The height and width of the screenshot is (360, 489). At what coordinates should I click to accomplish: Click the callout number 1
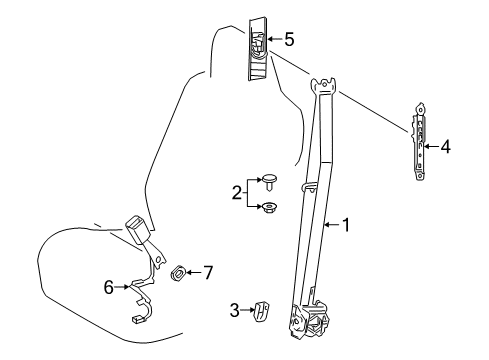tap(346, 225)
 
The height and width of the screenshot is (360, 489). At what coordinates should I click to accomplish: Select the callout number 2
tap(237, 193)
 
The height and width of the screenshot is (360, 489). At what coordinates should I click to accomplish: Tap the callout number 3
tap(235, 310)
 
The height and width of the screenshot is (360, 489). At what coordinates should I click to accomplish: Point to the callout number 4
tap(445, 147)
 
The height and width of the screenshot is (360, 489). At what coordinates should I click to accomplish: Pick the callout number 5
tap(289, 39)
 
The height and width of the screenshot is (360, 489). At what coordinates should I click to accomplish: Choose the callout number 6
tap(109, 287)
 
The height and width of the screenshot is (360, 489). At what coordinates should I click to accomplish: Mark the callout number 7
tap(208, 273)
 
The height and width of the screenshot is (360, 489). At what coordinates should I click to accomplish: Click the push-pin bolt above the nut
tap(270, 182)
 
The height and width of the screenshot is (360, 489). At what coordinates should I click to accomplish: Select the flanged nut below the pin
tap(269, 208)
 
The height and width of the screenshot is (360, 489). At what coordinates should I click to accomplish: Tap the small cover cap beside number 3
tap(261, 311)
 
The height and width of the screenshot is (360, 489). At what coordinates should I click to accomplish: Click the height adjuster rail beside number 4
tap(420, 141)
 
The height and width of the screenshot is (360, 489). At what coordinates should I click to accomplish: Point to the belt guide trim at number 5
tap(257, 49)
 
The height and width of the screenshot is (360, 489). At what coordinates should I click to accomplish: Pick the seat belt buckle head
tap(138, 230)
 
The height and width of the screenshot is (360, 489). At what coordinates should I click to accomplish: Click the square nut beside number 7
tap(178, 273)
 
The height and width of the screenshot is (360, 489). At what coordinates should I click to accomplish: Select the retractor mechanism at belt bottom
tap(309, 321)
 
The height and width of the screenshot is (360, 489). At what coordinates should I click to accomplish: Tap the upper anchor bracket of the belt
tap(323, 86)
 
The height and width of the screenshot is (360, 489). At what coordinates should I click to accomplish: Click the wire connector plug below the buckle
tap(136, 320)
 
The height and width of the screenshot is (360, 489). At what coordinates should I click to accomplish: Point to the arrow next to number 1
tap(333, 225)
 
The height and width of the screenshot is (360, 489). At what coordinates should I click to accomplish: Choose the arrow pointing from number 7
tap(194, 273)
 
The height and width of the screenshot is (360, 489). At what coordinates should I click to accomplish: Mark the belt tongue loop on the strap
tap(309, 188)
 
